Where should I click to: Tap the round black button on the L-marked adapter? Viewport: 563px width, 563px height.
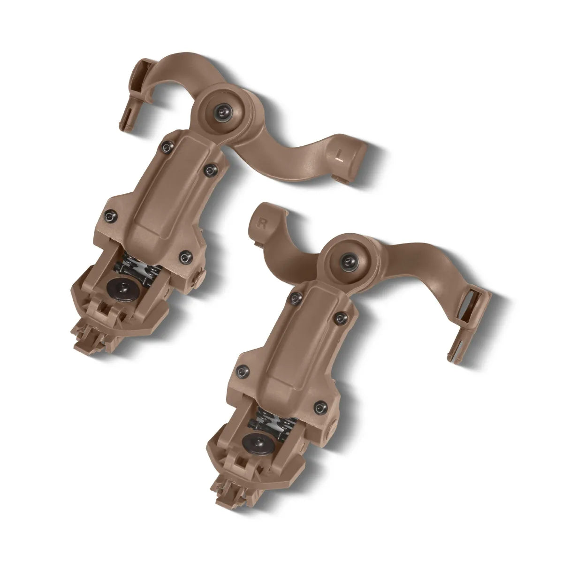click(128, 286)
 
